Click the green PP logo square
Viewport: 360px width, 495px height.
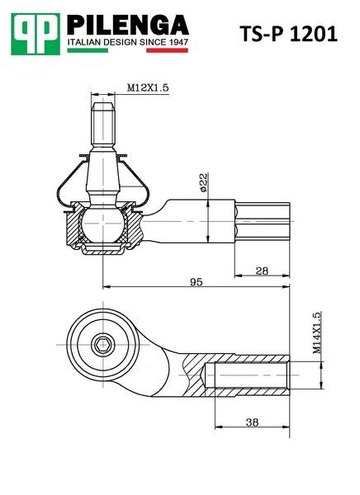coord(36,34)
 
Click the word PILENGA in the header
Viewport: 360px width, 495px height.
coord(128,25)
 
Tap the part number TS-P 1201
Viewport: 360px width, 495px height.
coord(288,34)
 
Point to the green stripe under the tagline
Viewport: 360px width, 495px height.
coord(88,50)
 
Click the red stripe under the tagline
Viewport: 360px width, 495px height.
coord(167,50)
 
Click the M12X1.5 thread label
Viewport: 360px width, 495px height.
coord(148,87)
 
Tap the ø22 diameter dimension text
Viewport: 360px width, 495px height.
coord(204,182)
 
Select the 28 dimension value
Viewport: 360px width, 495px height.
coord(262,271)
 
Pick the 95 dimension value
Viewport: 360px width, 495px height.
coord(197,282)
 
